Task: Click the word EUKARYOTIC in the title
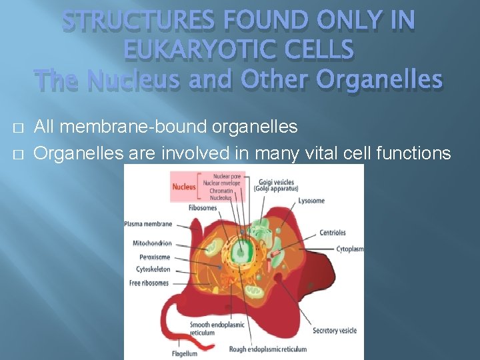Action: (239, 50)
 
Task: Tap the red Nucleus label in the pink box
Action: (184, 187)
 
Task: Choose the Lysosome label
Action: (311, 201)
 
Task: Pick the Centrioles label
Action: (332, 233)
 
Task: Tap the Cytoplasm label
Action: (350, 249)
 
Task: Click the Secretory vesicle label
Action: (334, 331)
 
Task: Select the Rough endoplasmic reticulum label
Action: (268, 349)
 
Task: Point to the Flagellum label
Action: (184, 353)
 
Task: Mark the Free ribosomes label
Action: (149, 283)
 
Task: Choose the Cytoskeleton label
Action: (153, 270)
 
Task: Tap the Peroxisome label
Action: (155, 257)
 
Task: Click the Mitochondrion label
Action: (152, 243)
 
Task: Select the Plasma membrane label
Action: (148, 224)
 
